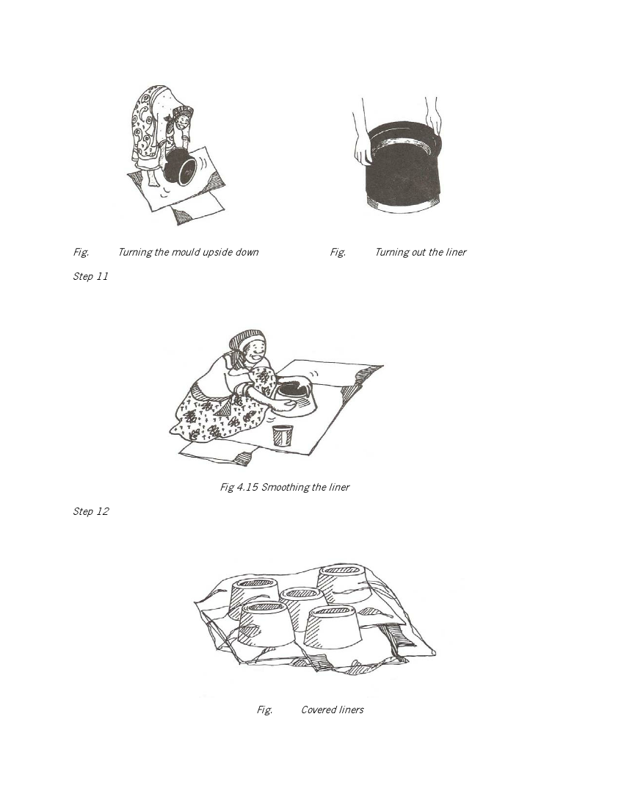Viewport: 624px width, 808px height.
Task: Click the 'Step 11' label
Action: click(90, 276)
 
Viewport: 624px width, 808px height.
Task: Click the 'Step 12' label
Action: click(90, 511)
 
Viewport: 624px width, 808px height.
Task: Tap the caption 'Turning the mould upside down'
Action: click(189, 252)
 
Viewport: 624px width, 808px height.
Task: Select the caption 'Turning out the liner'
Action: click(421, 252)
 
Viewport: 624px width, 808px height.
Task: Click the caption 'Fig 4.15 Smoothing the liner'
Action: click(285, 487)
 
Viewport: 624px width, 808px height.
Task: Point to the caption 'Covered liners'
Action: click(333, 710)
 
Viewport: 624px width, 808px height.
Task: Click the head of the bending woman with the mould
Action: click(182, 120)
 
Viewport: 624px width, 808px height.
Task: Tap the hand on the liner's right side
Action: click(434, 122)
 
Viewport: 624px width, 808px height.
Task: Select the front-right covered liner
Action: click(332, 626)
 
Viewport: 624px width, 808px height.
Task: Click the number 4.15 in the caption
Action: click(247, 487)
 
